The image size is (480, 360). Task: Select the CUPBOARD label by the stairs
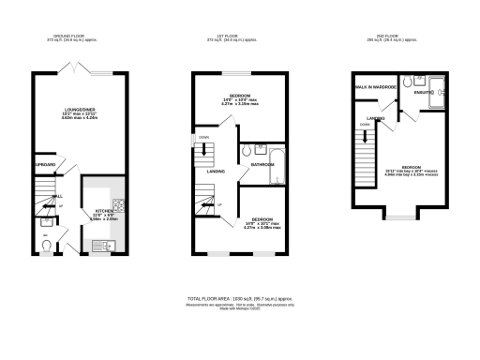[x=45, y=165]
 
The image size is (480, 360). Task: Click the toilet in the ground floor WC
[x=47, y=247]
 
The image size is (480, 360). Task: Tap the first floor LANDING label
[x=215, y=171]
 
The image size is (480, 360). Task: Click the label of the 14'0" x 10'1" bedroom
[x=262, y=222]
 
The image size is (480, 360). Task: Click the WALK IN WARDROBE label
[x=374, y=88]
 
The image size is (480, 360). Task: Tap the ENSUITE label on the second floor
[x=422, y=94]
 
